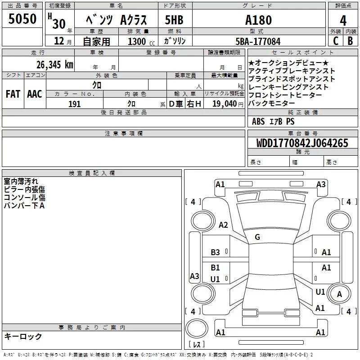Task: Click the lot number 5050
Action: pos(22,19)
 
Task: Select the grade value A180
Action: pos(258,20)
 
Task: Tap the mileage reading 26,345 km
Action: pos(54,65)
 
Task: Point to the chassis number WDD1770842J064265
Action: pos(302,143)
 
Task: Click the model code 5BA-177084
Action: pos(258,41)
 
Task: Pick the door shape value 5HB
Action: pos(174,20)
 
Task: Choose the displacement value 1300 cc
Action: pos(141,41)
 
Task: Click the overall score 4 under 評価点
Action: pos(343,21)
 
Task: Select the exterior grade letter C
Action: pos(336,41)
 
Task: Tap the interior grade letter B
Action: pos(351,41)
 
